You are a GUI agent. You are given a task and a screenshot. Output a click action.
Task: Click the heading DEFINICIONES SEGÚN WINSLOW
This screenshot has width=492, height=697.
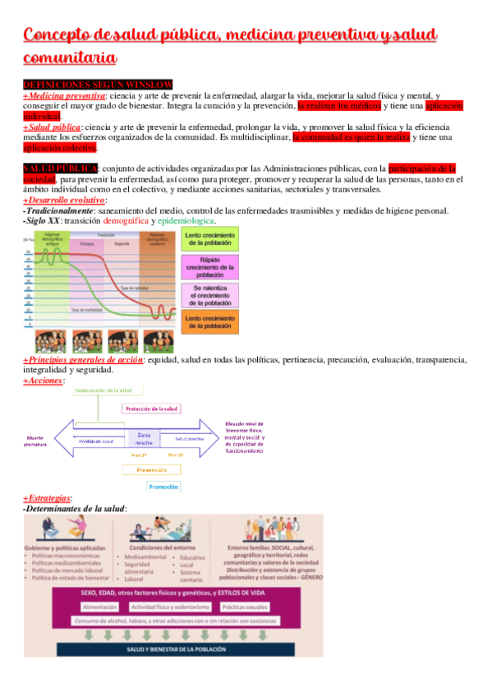(x=98, y=85)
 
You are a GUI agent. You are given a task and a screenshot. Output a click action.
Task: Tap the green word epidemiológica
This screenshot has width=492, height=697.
(x=186, y=221)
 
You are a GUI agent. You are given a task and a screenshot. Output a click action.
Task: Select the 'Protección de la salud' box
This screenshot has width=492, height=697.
(x=152, y=409)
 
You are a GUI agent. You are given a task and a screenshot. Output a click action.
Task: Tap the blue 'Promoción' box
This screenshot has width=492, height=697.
(x=163, y=487)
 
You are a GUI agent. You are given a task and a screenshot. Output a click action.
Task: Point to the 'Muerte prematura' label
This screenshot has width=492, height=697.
(x=35, y=440)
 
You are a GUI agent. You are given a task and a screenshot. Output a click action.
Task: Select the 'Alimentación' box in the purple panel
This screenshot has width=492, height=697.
(x=99, y=607)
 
